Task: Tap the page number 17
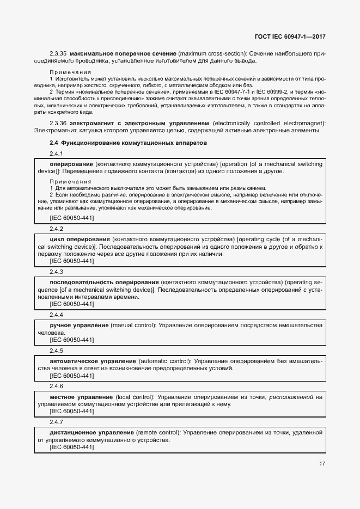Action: [322, 464]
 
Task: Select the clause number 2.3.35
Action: [58, 53]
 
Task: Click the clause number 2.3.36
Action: [58, 123]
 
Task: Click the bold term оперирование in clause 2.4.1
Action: [71, 164]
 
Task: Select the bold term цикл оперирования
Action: [80, 240]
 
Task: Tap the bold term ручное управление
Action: [79, 326]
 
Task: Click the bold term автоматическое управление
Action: [93, 361]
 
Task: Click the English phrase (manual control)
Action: [133, 326]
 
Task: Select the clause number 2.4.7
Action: [56, 422]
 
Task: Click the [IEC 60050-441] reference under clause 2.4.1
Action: [71, 218]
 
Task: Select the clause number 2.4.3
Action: [56, 272]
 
